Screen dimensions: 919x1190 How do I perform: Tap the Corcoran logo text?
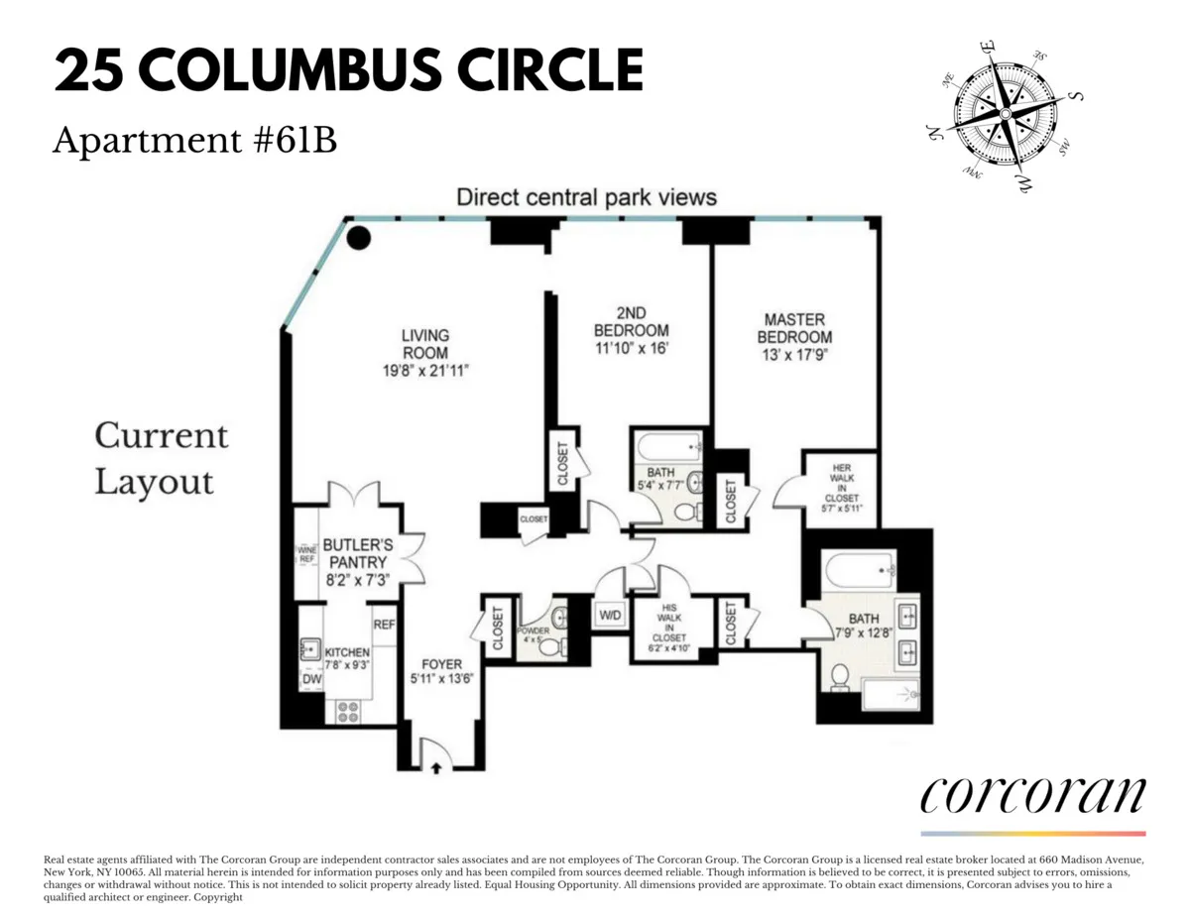coord(1032,795)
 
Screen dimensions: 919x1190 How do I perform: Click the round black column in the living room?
coord(359,237)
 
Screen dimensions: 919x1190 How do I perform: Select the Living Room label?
coord(425,343)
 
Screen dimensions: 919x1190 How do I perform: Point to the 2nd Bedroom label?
coord(631,322)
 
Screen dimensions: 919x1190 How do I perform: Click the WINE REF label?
coord(306,553)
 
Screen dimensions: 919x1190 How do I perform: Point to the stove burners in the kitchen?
coord(349,711)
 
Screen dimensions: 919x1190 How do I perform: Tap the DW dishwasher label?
coord(310,680)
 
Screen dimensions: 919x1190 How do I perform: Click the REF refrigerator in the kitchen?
coord(385,625)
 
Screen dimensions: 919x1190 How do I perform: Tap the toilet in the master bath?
coord(839,677)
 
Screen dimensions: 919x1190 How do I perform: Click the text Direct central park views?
coord(586,197)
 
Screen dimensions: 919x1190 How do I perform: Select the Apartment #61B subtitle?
coord(194,142)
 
